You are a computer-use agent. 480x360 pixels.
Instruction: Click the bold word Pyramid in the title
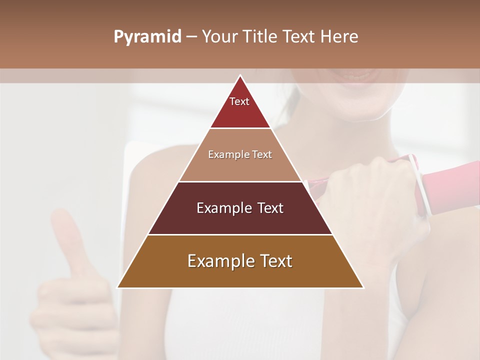(147, 37)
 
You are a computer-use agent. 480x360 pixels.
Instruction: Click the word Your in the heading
(220, 37)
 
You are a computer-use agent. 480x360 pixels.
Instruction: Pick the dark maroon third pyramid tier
(240, 220)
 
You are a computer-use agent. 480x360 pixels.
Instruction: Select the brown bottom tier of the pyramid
(240, 272)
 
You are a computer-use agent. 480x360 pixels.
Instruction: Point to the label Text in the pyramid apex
(239, 101)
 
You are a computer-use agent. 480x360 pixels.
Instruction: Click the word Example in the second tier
(225, 154)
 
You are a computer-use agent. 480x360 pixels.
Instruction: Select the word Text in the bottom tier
(274, 261)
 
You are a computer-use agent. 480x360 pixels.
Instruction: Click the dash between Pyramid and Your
(191, 37)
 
